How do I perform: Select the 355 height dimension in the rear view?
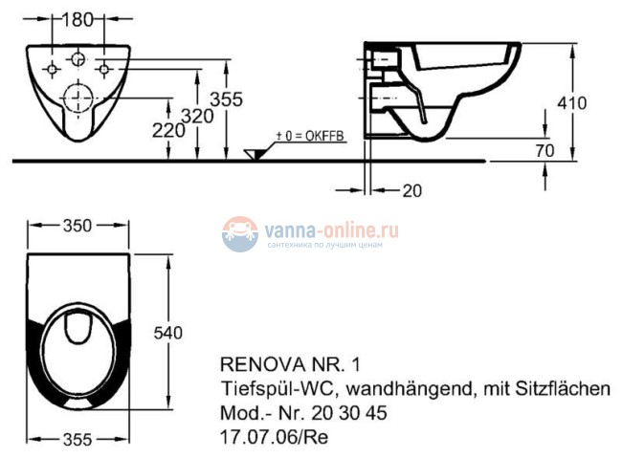pyautogui.click(x=228, y=99)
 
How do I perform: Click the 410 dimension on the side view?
pyautogui.click(x=574, y=102)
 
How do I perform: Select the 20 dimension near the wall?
pyautogui.click(x=411, y=190)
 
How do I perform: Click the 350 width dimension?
pyautogui.click(x=77, y=226)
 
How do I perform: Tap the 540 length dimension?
pyautogui.click(x=167, y=332)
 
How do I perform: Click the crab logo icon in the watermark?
pyautogui.click(x=239, y=233)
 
